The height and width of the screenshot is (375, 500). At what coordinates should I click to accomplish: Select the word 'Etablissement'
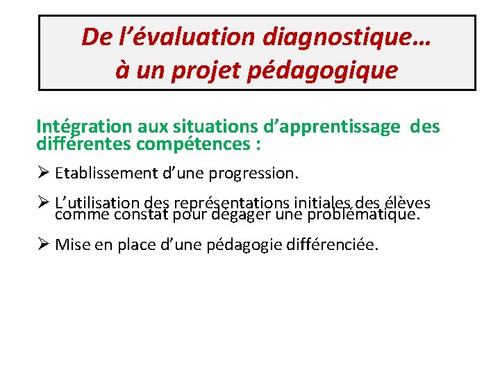(106, 172)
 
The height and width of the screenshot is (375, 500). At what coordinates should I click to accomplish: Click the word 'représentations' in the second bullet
(233, 203)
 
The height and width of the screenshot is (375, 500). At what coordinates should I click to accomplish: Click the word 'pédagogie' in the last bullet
(243, 244)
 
